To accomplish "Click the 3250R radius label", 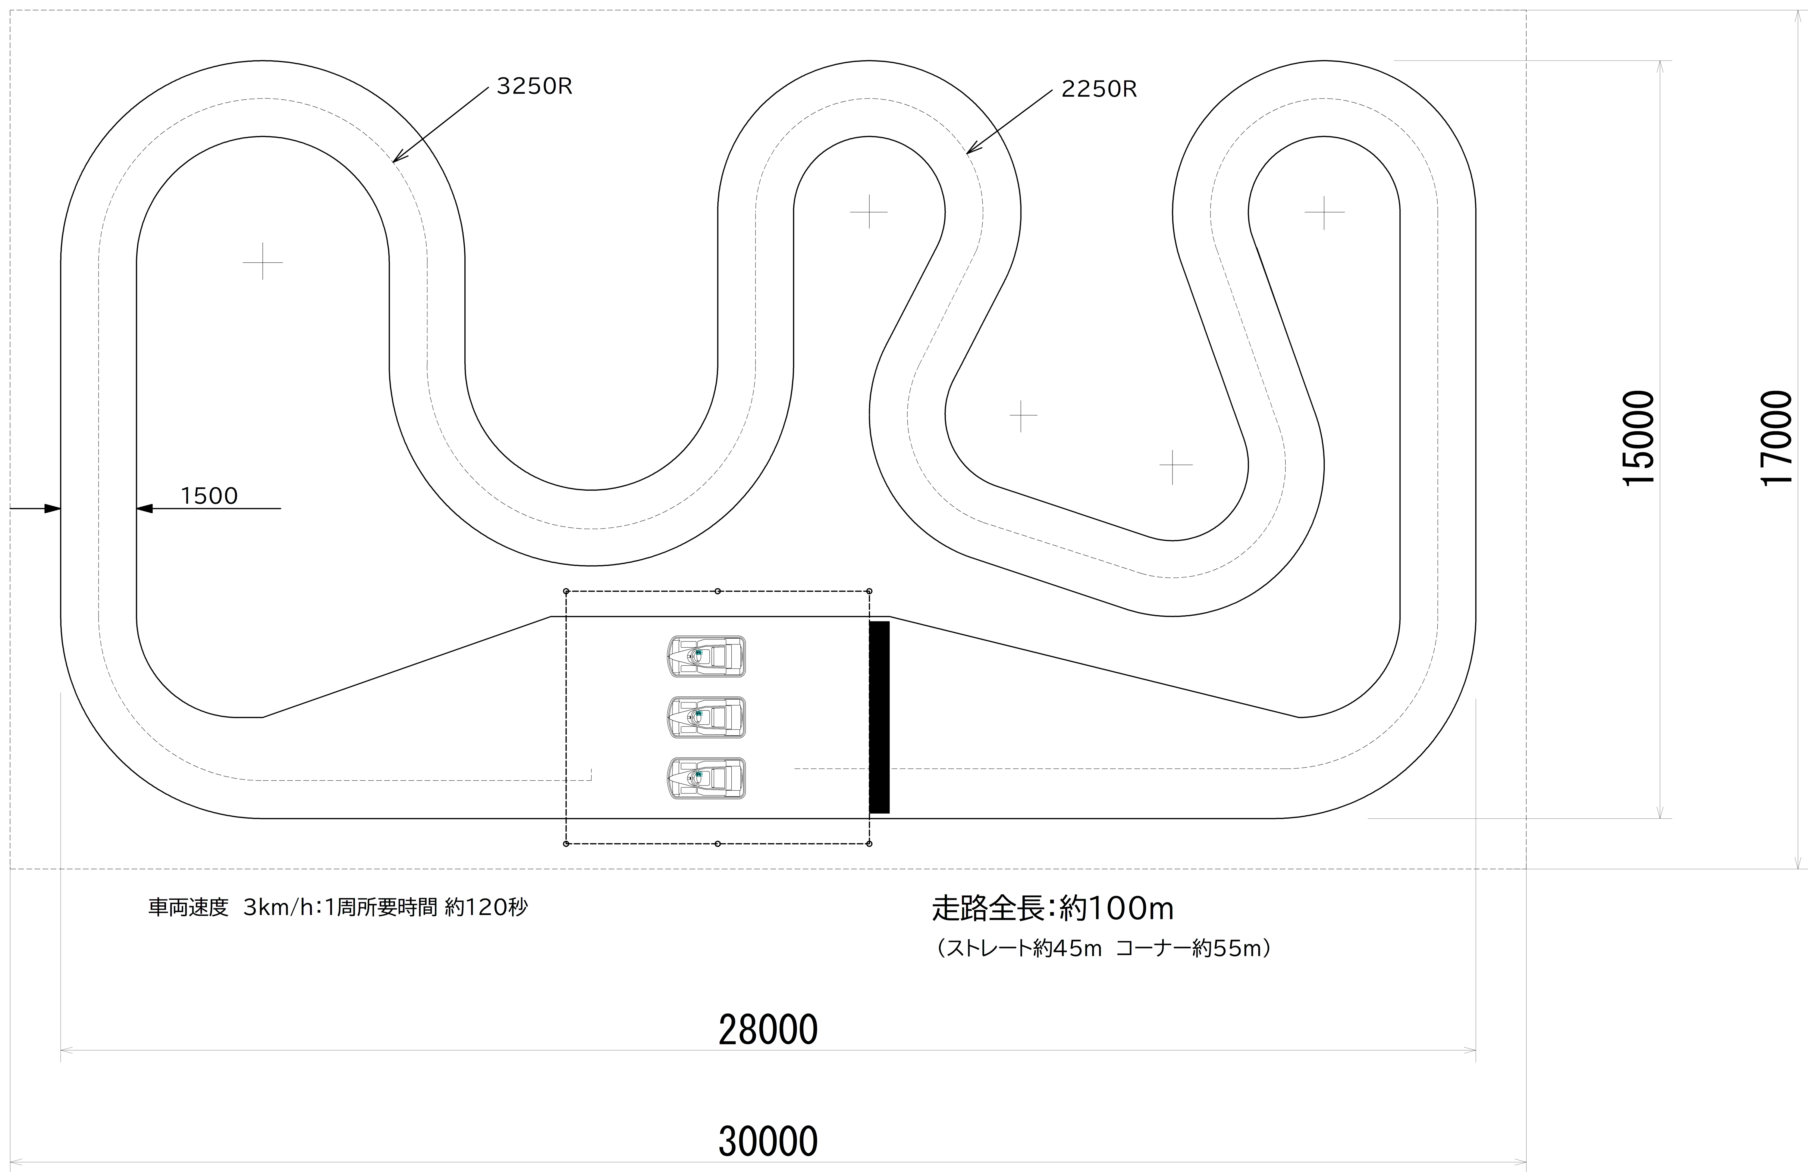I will pos(534,86).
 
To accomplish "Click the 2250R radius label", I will pos(1098,90).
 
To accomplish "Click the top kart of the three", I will pos(706,656).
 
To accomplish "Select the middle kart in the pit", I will pos(706,717).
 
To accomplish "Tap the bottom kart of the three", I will pos(706,778).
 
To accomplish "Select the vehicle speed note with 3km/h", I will pos(337,908).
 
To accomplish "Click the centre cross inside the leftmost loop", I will pos(263,261).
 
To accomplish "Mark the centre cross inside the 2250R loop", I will pos(869,211).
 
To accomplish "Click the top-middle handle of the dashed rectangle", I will pos(718,591).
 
